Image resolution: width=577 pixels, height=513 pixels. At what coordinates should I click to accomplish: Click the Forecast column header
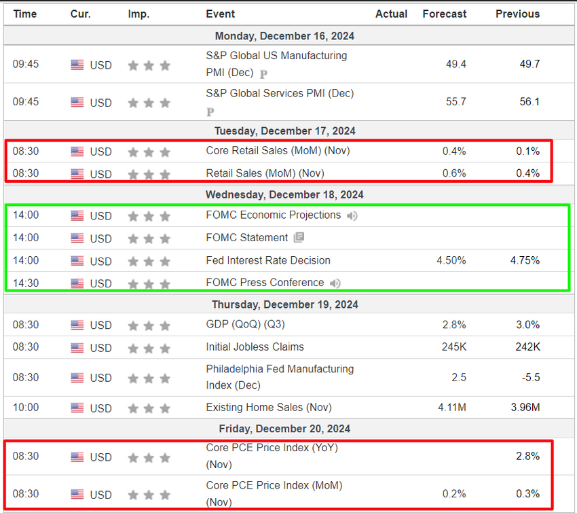coord(445,14)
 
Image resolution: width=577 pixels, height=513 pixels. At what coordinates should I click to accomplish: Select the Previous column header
coord(517,14)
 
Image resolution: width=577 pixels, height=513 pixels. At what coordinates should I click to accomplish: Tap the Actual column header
coord(391,14)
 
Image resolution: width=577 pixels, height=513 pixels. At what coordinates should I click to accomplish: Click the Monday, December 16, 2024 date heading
coord(284,36)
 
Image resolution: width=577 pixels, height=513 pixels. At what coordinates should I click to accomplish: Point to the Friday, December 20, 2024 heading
coord(284,429)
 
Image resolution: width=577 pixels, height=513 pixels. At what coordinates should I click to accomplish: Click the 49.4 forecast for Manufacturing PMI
coord(456,64)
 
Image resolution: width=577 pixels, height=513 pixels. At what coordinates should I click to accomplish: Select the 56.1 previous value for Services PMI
coord(529,101)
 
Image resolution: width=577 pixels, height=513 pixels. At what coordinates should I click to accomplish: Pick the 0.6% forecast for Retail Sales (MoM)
coord(454,173)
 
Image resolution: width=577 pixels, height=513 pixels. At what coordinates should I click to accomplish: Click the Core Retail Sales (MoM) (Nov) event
coord(278,151)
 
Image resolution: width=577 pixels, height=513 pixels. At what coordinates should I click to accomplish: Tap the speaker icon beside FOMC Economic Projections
coord(352,216)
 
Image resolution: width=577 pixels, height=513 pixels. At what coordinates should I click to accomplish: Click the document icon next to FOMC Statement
coord(299,238)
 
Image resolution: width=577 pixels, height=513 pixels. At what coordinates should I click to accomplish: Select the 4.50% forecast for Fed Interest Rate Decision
coord(451,260)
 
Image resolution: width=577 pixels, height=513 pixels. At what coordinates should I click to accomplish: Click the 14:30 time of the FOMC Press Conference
coord(26,283)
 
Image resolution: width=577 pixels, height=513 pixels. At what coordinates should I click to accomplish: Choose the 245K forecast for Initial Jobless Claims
coord(454,347)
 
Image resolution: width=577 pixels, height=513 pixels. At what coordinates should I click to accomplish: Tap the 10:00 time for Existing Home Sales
coord(26,408)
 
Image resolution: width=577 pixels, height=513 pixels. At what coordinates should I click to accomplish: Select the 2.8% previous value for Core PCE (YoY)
coord(527,457)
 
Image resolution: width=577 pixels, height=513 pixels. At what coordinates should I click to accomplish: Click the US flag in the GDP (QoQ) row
coord(77,325)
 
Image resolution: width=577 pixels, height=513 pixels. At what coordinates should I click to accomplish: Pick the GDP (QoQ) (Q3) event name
coord(244,325)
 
